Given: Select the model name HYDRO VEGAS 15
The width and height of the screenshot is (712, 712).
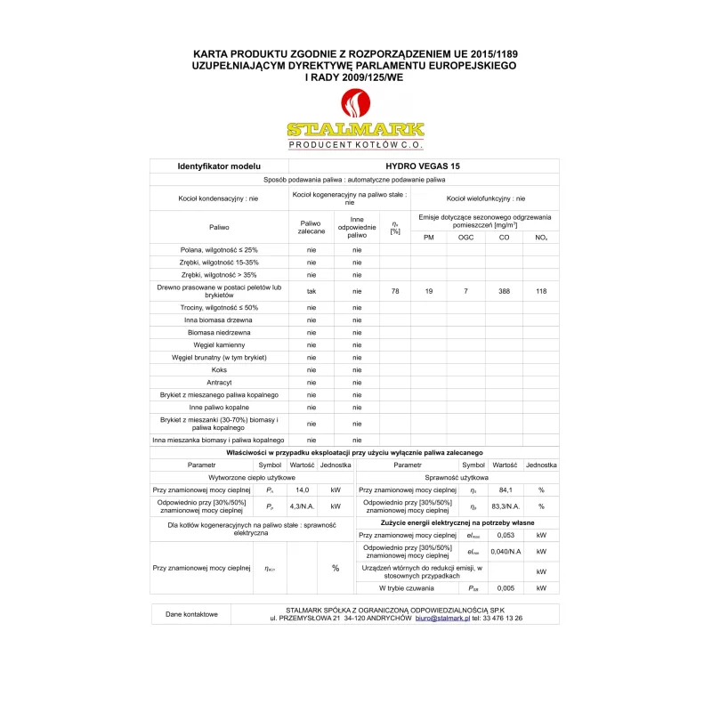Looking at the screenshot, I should pos(423,166).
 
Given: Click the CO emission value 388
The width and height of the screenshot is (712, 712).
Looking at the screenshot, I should pos(504,291).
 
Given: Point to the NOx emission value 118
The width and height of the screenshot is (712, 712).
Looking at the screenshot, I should pos(541,291).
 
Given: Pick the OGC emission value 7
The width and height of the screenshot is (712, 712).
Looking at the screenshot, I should pos(465,291).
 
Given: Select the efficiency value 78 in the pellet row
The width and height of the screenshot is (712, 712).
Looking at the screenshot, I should pos(394,291).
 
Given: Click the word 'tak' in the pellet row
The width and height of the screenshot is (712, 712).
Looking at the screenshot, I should pos(311,291).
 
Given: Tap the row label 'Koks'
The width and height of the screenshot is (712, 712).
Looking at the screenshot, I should pos(219,369).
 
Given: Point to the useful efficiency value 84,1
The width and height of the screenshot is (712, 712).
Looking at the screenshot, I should pos(505,490).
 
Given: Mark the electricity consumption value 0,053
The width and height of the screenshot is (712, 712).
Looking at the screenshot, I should pos(505,535).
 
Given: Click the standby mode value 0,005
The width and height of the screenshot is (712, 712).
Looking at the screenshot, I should pos(505,588).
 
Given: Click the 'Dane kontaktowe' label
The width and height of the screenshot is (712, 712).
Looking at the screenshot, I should pos(190,614).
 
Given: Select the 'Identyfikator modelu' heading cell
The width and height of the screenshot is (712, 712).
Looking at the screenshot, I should pos(219,166).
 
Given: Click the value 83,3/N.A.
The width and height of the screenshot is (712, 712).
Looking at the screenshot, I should pos(506,506).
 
